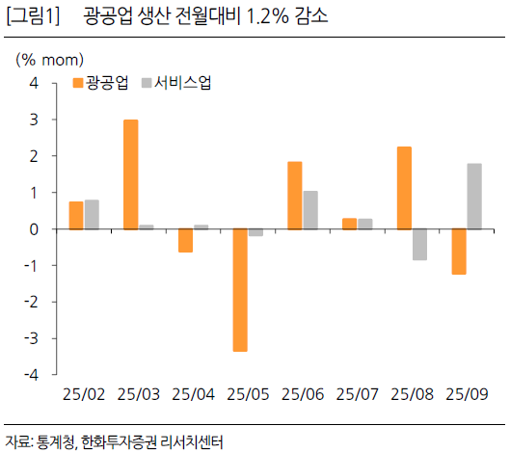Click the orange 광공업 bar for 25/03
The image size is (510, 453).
[x=130, y=174]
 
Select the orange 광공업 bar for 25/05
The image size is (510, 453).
[x=240, y=290]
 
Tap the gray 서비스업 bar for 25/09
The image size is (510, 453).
[x=474, y=197]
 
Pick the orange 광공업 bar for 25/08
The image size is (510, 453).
[x=404, y=188]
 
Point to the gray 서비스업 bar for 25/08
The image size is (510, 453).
[x=419, y=245]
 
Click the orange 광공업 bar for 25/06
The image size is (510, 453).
[x=295, y=196]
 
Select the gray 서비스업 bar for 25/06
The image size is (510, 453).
[x=310, y=210]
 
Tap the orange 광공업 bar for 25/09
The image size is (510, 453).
[x=459, y=252]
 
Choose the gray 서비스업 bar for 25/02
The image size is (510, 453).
[x=92, y=214]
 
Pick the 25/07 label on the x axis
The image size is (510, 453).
[x=357, y=394]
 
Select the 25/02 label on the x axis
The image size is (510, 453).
[x=83, y=394]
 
